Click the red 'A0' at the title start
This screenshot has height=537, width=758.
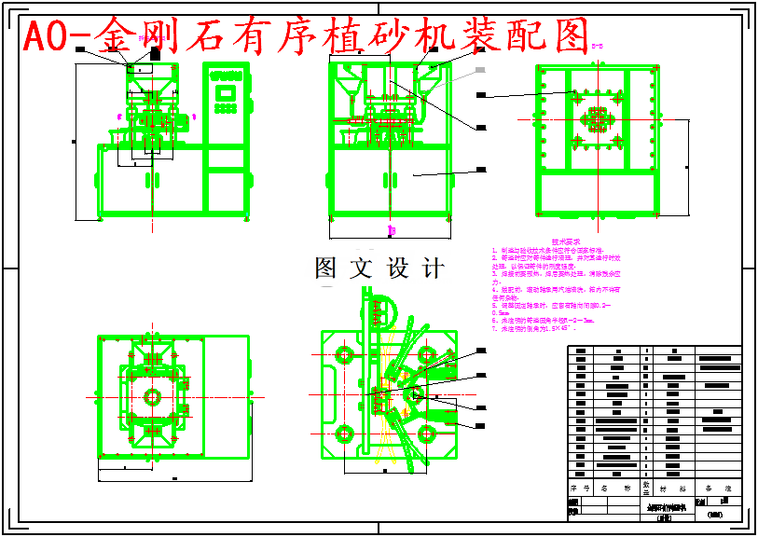pyautogui.click(x=45, y=35)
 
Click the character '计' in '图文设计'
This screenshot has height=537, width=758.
pyautogui.click(x=432, y=268)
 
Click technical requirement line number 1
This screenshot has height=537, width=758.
pyautogui.click(x=549, y=252)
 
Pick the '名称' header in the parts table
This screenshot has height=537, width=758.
pyautogui.click(x=615, y=488)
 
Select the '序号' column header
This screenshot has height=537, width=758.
pyautogui.click(x=580, y=488)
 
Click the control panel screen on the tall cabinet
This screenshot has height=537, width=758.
pyautogui.click(x=225, y=92)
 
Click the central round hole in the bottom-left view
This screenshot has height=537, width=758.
pyautogui.click(x=153, y=395)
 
